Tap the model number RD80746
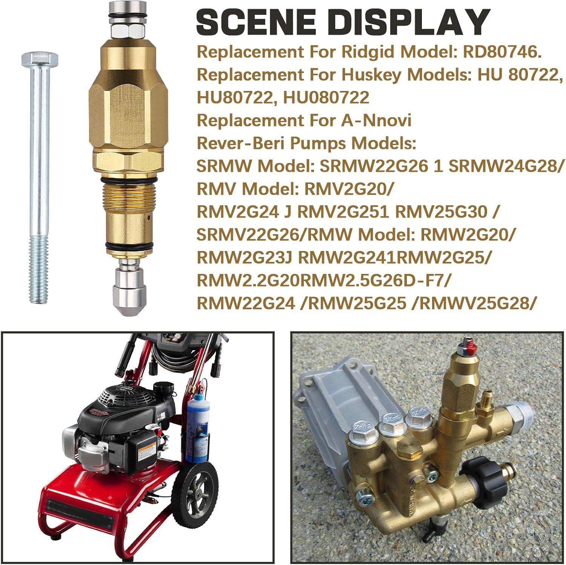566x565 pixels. pyautogui.click(x=502, y=52)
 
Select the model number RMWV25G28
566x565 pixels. pyautogui.click(x=476, y=303)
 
